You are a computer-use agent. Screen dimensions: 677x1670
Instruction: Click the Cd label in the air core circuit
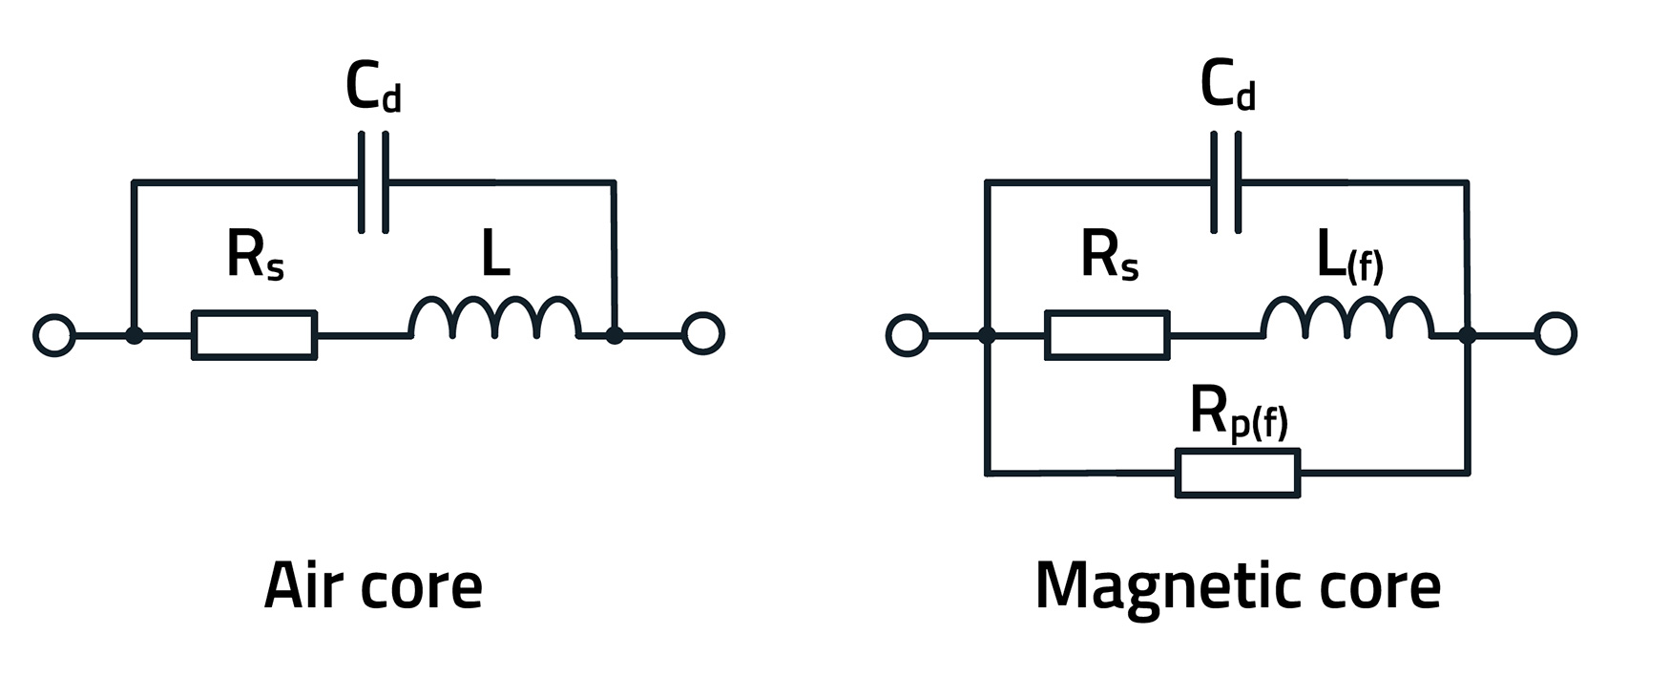(373, 88)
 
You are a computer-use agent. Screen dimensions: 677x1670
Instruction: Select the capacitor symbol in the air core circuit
(373, 181)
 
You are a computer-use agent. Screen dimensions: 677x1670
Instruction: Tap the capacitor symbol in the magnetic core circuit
(1226, 181)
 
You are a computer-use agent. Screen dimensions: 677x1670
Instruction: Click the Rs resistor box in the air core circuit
(254, 335)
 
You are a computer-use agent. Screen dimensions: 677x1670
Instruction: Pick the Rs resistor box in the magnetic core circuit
(1107, 334)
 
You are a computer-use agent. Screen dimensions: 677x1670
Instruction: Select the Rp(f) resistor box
(1238, 473)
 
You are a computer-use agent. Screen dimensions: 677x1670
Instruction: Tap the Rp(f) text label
(1239, 413)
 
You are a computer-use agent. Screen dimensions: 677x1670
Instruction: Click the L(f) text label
(1349, 259)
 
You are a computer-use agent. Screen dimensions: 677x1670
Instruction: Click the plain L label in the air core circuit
(495, 255)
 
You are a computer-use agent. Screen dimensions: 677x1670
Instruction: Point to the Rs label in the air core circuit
(255, 256)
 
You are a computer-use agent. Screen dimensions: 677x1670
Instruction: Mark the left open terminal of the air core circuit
(53, 335)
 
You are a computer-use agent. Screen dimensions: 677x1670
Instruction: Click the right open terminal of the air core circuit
(703, 334)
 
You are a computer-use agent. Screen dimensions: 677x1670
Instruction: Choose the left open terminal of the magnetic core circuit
(907, 335)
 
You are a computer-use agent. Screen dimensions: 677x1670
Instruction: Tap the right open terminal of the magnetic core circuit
(1555, 334)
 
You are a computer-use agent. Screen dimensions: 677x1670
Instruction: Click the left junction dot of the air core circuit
(135, 335)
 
